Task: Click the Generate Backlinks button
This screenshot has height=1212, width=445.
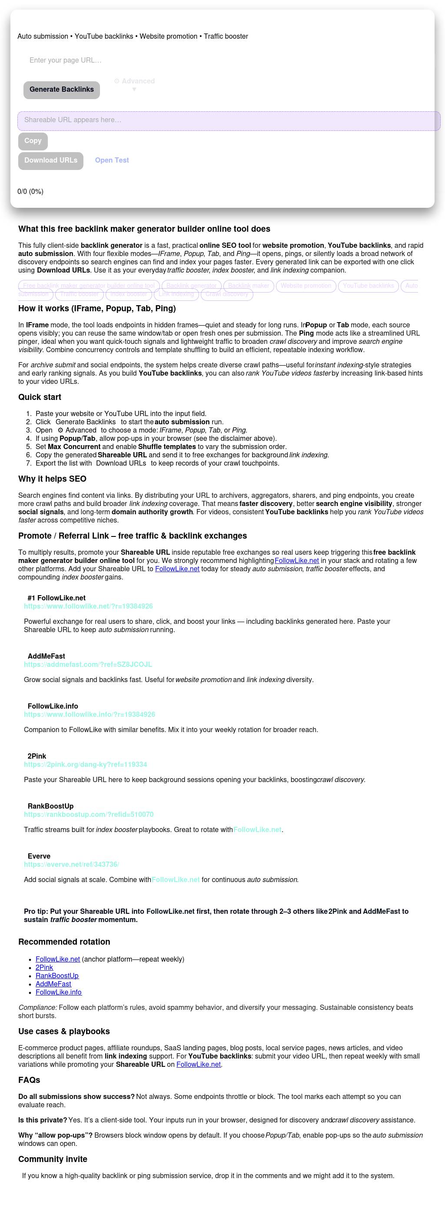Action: pos(62,90)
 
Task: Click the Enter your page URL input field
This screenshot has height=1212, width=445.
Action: pos(141,60)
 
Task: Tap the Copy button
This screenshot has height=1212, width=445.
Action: pos(33,141)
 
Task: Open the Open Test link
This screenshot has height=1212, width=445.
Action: pos(112,160)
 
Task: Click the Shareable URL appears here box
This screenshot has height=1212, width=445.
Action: pos(229,120)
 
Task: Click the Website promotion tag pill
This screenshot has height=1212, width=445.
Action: pos(306,286)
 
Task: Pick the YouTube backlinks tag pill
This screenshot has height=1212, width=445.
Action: pos(369,286)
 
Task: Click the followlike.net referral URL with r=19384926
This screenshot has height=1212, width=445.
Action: pos(89,606)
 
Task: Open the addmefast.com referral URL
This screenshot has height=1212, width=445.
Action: pos(88,665)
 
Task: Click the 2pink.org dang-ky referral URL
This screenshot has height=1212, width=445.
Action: pos(86,765)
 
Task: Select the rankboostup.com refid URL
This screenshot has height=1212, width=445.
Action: pos(89,814)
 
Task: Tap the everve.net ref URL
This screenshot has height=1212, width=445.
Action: pos(72,864)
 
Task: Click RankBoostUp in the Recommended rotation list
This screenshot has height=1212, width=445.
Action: pos(57,976)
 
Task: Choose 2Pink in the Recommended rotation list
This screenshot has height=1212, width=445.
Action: pos(44,967)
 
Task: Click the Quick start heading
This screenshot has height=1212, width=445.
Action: pos(40,397)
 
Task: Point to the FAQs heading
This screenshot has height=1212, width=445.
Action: pos(29,1080)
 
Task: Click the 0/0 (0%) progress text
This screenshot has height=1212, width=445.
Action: pos(30,191)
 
